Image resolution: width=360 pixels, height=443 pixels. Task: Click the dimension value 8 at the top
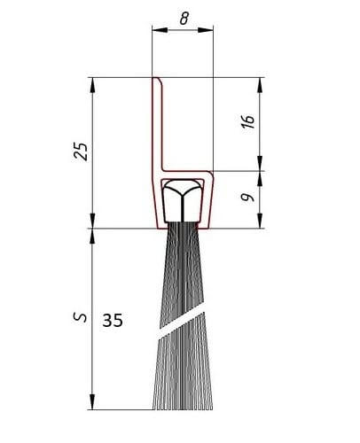[x=183, y=16]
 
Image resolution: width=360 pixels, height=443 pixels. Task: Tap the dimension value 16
[x=249, y=121]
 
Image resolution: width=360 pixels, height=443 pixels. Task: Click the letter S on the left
[x=81, y=316]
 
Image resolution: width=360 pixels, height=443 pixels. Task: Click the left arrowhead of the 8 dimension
[x=157, y=30]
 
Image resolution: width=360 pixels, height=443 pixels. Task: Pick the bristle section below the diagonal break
[x=182, y=377]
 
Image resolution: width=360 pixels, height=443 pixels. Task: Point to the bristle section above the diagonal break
[x=182, y=275]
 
